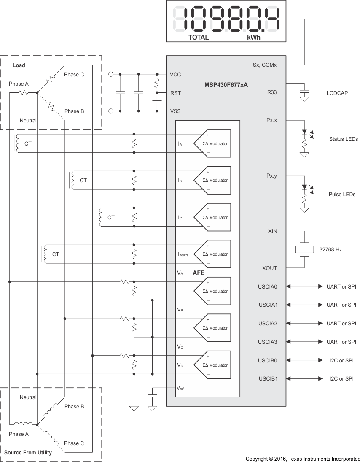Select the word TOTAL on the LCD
198,37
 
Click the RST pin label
175,93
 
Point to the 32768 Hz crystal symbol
304,249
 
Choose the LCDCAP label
337,93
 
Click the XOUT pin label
269,268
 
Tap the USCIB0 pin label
268,360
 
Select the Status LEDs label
343,139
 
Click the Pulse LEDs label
343,194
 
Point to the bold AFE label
199,273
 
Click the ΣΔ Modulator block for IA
212,143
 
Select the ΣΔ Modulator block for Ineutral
212,254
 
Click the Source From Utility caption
28,453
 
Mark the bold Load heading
19,65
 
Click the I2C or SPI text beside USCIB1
341,379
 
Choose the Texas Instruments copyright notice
303,458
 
